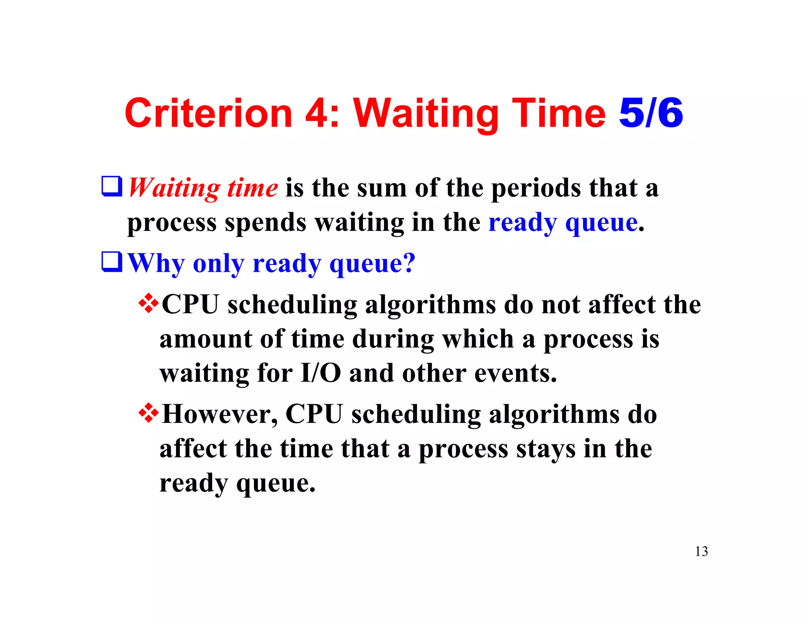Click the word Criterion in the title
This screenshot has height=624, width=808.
208,114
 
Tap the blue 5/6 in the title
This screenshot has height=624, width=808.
651,114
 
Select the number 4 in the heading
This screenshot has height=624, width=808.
315,114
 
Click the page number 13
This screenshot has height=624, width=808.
701,551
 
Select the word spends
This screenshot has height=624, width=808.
265,223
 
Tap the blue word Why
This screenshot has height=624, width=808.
156,263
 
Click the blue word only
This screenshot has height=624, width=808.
218,263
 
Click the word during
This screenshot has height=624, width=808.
393,339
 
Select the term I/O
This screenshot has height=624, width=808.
320,373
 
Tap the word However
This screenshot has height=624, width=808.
220,415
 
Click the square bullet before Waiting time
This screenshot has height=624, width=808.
112,186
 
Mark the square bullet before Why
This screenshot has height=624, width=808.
112,262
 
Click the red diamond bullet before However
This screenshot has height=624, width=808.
149,413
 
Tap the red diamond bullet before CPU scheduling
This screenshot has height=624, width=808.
149,304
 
